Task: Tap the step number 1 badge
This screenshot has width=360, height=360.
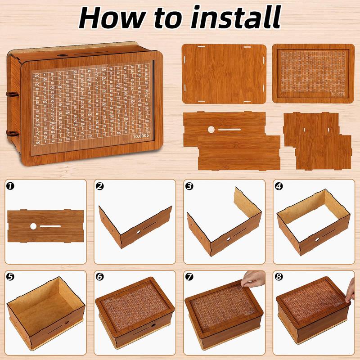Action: click(9, 185)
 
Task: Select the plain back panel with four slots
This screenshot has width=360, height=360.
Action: click(223, 73)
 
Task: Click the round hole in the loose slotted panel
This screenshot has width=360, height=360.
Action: click(211, 130)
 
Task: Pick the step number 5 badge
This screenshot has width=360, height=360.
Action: click(9, 275)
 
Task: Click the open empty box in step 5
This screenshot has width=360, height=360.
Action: click(45, 315)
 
